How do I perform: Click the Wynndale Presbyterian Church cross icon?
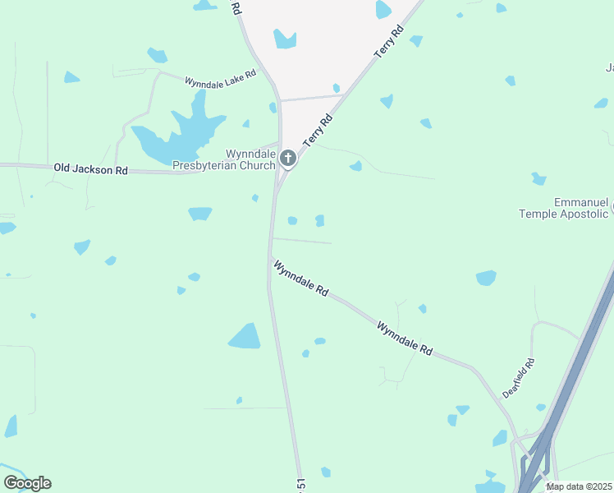pos(287,158)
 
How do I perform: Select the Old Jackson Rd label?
pos(91,169)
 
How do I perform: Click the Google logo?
pos(27,483)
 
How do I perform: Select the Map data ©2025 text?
pos(580,486)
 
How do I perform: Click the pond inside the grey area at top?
pos(285,39)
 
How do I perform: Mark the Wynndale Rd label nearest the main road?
pos(301,279)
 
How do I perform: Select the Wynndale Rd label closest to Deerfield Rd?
pos(405,338)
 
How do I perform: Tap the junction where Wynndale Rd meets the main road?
pos(270,259)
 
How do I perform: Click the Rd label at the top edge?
pos(236,7)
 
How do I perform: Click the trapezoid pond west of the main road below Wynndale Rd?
pos(245,336)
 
